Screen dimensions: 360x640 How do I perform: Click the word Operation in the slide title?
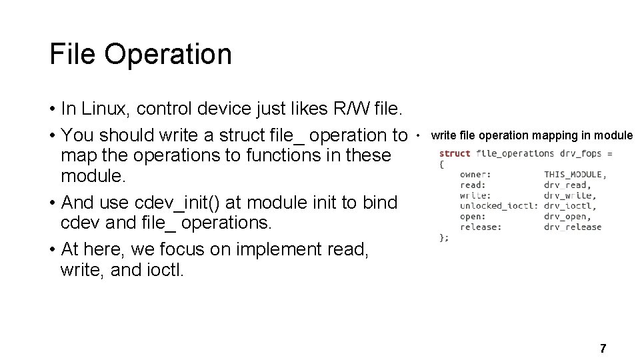pyautogui.click(x=167, y=54)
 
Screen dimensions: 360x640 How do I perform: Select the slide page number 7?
pyautogui.click(x=603, y=348)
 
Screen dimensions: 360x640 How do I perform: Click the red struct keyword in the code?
pyautogui.click(x=455, y=153)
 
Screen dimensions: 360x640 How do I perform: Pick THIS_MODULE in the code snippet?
pyautogui.click(x=575, y=175)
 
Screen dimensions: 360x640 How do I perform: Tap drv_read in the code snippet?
pyautogui.click(x=565, y=185)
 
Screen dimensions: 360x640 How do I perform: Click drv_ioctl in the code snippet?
pyautogui.click(x=568, y=206)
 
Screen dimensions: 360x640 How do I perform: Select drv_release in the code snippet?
pyautogui.click(x=573, y=227)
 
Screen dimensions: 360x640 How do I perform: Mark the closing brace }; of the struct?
pyautogui.click(x=444, y=237)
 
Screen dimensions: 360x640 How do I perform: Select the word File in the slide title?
pyautogui.click(x=73, y=54)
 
